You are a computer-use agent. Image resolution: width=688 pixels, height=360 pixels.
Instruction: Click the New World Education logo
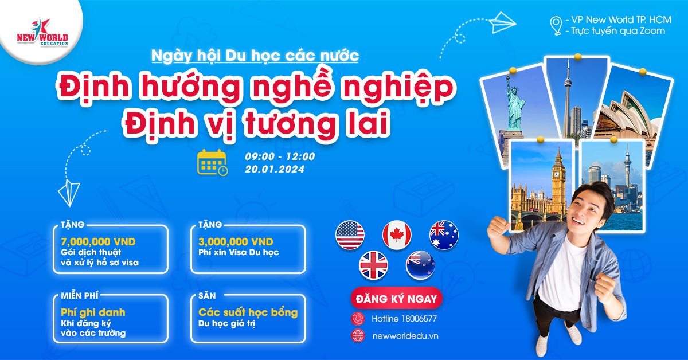click(42, 32)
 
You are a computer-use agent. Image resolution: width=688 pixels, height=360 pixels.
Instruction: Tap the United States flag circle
click(350, 235)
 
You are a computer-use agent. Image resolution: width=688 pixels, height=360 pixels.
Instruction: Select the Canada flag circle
click(397, 235)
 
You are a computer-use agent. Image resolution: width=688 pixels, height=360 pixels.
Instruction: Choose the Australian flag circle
click(444, 235)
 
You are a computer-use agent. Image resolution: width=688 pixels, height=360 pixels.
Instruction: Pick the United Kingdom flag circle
click(373, 265)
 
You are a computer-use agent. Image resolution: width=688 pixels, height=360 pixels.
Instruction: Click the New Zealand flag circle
click(420, 265)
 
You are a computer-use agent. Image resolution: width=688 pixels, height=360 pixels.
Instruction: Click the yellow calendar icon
click(212, 162)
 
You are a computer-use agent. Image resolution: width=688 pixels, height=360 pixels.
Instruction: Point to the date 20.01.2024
click(275, 169)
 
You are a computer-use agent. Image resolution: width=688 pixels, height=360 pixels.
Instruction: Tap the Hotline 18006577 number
click(404, 319)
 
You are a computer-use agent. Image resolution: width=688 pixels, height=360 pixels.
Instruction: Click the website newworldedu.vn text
click(405, 336)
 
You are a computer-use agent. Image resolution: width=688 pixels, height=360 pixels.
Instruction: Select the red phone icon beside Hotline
click(358, 319)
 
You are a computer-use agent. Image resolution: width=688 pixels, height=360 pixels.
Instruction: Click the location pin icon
click(556, 26)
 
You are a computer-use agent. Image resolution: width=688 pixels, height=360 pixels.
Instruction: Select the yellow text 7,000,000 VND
click(98, 242)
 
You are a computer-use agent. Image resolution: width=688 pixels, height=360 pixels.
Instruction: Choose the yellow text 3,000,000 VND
click(236, 242)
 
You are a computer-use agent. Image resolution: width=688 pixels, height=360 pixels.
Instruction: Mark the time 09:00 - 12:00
click(280, 156)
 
